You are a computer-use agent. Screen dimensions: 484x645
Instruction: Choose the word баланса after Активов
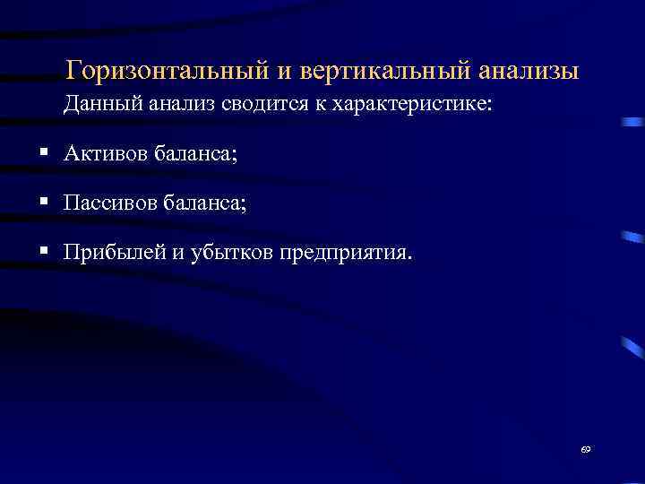197,154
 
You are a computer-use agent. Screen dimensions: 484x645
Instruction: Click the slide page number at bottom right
586,448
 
